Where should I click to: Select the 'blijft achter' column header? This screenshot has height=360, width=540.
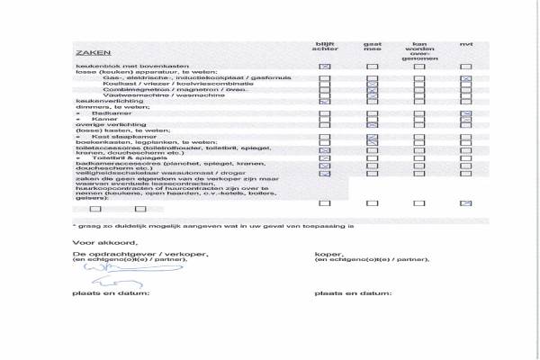(x=325, y=49)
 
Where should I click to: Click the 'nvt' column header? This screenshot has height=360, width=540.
(x=465, y=44)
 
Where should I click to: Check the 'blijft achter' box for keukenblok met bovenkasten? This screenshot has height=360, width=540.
(x=325, y=67)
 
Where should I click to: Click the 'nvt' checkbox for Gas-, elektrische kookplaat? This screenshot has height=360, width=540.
(x=465, y=79)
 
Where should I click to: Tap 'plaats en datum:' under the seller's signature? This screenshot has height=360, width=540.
(x=111, y=293)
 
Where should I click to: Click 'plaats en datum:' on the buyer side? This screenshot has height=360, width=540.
(x=352, y=293)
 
